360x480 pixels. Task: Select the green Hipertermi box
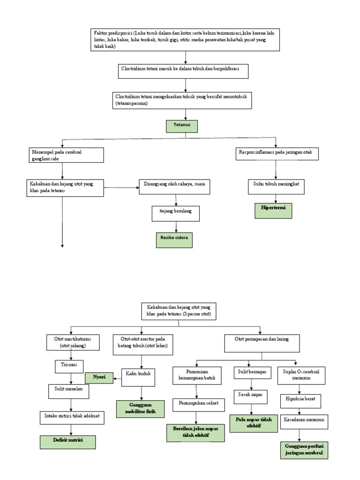coord(273,210)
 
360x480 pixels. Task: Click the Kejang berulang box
coord(175,213)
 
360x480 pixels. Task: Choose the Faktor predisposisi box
coord(186,40)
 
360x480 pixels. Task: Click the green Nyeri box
coord(99,377)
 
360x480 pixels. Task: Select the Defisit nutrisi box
coord(67,442)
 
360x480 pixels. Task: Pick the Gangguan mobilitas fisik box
coord(141,408)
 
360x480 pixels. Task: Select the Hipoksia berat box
coord(300,400)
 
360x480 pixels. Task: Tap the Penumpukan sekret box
coord(195,403)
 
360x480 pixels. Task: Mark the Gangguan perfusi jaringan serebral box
coord(303,450)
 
